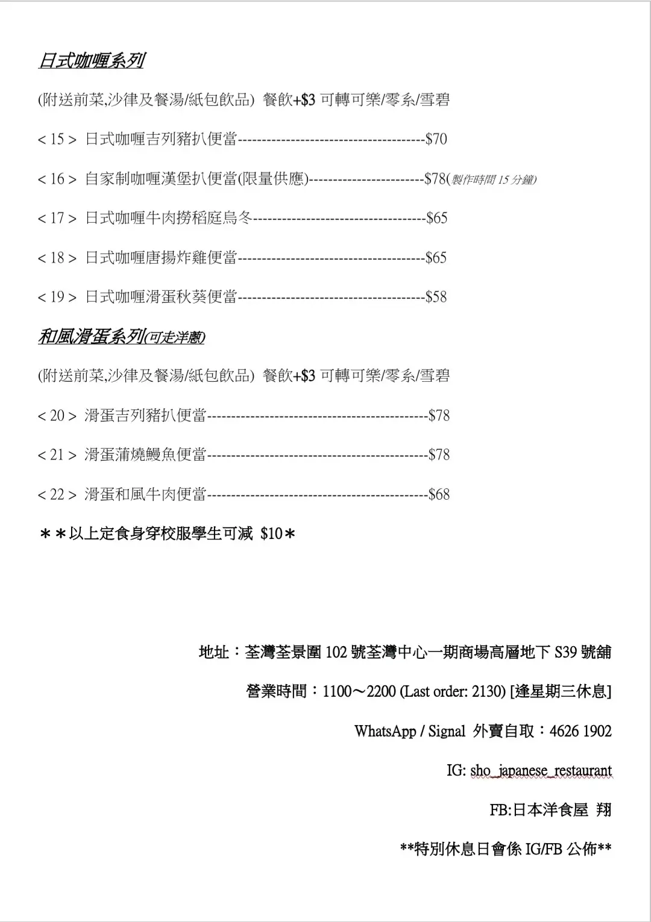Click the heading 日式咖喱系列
[90, 61]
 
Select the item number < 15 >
[57, 140]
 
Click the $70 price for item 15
[436, 140]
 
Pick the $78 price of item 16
[435, 179]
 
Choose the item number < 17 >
[57, 219]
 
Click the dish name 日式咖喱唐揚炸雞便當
[161, 258]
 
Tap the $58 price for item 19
[436, 297]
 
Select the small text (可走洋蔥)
[175, 338]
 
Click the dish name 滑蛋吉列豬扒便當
[145, 416]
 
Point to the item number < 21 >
[57, 455]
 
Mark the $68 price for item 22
[439, 494]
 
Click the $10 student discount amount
[271, 534]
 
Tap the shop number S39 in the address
[565, 652]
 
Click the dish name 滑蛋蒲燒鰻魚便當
[145, 455]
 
